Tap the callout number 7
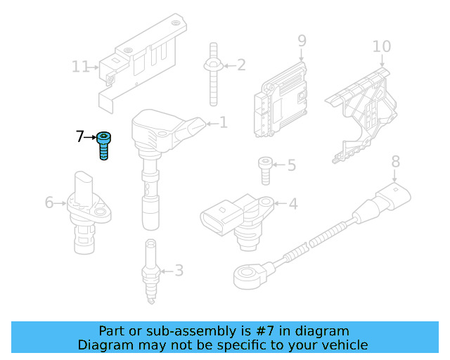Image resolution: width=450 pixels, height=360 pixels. click(x=79, y=136)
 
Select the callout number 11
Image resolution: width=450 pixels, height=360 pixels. click(x=81, y=67)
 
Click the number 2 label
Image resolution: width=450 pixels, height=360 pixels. click(x=241, y=65)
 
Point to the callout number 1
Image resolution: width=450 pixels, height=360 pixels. click(x=224, y=123)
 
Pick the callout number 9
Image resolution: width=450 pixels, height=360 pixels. click(x=302, y=41)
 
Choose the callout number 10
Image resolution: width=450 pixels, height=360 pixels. click(x=381, y=46)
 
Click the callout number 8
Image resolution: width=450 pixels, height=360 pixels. click(x=395, y=161)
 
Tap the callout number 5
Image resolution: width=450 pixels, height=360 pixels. click(x=291, y=166)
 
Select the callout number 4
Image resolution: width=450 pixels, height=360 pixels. click(x=293, y=204)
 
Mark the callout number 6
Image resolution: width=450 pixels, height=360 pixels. click(x=49, y=202)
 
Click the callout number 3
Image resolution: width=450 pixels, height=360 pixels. click(x=179, y=270)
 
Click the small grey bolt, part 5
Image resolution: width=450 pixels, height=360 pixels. click(x=264, y=169)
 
